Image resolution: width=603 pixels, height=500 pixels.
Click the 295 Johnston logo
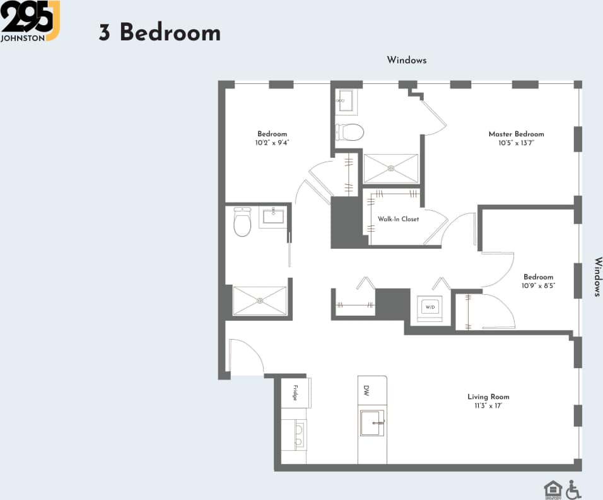click(x=30, y=21)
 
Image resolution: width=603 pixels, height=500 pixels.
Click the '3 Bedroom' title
click(x=160, y=32)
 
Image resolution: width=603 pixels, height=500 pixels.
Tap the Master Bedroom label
click(x=516, y=134)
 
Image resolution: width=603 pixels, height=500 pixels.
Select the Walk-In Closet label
click(x=398, y=219)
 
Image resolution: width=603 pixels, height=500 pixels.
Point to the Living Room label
click(x=488, y=396)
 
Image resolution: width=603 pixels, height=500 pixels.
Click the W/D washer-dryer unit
click(x=430, y=307)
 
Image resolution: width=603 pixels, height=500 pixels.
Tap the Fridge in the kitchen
click(x=295, y=392)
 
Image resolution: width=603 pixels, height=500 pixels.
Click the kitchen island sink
click(x=372, y=422)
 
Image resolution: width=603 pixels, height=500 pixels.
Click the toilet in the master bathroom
click(x=351, y=132)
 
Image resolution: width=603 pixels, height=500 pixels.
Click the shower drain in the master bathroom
click(x=390, y=168)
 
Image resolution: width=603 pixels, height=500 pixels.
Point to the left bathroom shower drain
click(x=260, y=301)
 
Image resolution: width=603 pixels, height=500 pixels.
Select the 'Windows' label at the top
click(x=407, y=60)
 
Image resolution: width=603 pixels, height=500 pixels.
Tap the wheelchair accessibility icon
click(x=573, y=489)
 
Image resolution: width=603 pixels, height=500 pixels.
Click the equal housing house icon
click(x=553, y=489)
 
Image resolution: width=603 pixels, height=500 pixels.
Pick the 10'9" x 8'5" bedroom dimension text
click(x=538, y=285)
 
